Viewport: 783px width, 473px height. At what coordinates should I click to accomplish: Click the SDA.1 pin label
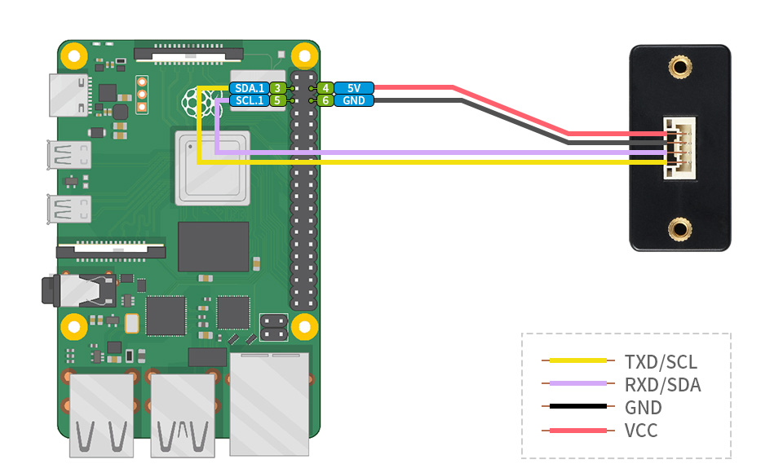[x=249, y=88]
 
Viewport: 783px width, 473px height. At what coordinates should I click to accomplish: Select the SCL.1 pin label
[x=249, y=100]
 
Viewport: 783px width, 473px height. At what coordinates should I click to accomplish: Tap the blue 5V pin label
[x=353, y=88]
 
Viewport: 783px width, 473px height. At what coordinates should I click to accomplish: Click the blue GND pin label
[x=353, y=100]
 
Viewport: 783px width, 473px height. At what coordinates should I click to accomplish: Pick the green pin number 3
[x=277, y=88]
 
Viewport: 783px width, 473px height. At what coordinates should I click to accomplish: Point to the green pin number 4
[x=325, y=88]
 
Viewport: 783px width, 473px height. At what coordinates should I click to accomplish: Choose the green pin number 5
[x=277, y=100]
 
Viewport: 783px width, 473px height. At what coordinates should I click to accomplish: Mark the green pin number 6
[x=325, y=100]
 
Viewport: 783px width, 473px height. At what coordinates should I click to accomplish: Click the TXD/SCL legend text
[x=661, y=361]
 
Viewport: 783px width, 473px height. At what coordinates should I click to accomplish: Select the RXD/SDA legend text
[x=662, y=384]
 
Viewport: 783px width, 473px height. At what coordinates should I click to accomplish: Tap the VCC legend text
[x=641, y=431]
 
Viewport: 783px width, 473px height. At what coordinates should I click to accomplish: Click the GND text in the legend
[x=643, y=408]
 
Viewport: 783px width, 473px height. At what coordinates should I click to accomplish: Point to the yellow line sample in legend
[x=577, y=360]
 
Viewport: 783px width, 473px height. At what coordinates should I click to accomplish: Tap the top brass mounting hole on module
[x=678, y=66]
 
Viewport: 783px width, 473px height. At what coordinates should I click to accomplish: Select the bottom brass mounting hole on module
[x=678, y=229]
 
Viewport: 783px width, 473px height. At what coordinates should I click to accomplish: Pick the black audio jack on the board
[x=77, y=290]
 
